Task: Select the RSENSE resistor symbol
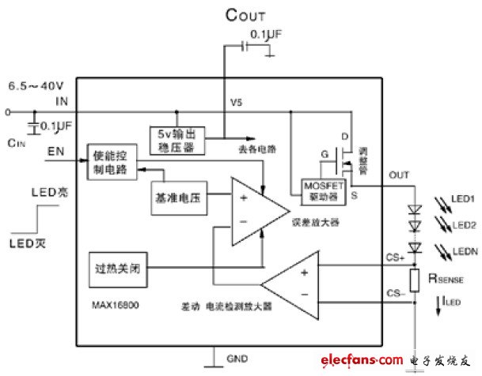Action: (413, 279)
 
